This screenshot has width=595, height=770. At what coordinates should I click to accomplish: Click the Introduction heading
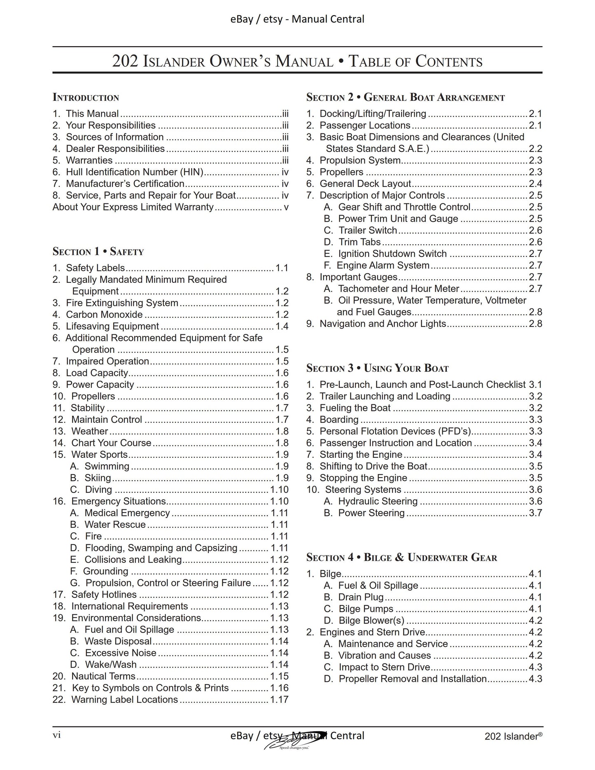86,98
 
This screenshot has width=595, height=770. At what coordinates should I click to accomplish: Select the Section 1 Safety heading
98,252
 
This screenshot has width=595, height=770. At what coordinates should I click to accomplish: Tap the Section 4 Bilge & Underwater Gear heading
401,558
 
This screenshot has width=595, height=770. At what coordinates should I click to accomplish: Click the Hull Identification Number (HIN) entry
135,172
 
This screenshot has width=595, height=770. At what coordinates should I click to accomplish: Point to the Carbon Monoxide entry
104,315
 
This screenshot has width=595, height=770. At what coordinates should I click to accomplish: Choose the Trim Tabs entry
359,242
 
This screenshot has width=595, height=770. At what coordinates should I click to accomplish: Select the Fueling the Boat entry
355,408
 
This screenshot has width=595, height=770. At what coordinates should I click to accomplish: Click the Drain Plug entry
361,597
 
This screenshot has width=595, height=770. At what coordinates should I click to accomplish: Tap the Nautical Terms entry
103,676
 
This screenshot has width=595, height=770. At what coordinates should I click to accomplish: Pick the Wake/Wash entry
110,665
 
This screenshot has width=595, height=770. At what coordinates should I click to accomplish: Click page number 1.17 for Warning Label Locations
279,700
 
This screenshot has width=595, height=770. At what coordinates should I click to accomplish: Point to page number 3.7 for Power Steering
535,513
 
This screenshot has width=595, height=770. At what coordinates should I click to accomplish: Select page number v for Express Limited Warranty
286,207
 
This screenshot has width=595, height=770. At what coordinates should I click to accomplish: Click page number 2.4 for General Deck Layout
535,184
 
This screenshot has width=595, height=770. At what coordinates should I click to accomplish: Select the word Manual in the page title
304,62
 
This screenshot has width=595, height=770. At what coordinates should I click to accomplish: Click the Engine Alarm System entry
383,266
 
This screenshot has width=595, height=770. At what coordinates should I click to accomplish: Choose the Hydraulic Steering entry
378,502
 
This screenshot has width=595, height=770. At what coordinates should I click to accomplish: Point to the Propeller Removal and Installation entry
412,679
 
